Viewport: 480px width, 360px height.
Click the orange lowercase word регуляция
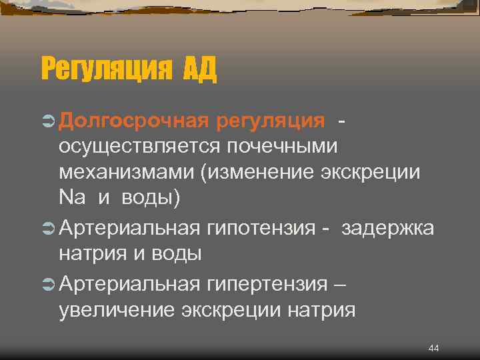point(270,121)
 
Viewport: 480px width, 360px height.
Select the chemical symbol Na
point(72,198)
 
